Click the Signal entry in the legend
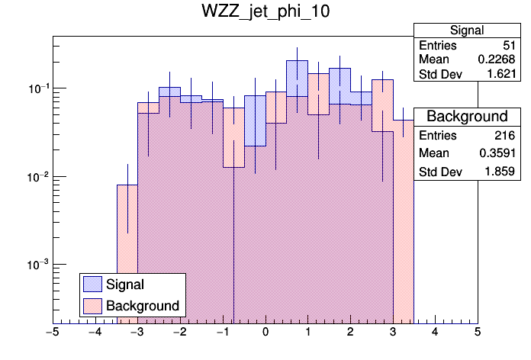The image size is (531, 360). tap(125, 284)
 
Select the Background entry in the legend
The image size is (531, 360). tap(142, 306)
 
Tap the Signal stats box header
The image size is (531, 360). tap(466, 31)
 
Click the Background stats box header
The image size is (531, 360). tap(466, 117)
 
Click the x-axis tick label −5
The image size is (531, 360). tap(52, 333)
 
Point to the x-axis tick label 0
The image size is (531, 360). tap(265, 333)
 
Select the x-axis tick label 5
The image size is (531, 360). tap(478, 333)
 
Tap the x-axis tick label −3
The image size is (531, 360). tap(137, 333)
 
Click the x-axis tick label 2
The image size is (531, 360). tap(350, 333)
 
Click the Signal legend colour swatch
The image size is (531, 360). tap(93, 284)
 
